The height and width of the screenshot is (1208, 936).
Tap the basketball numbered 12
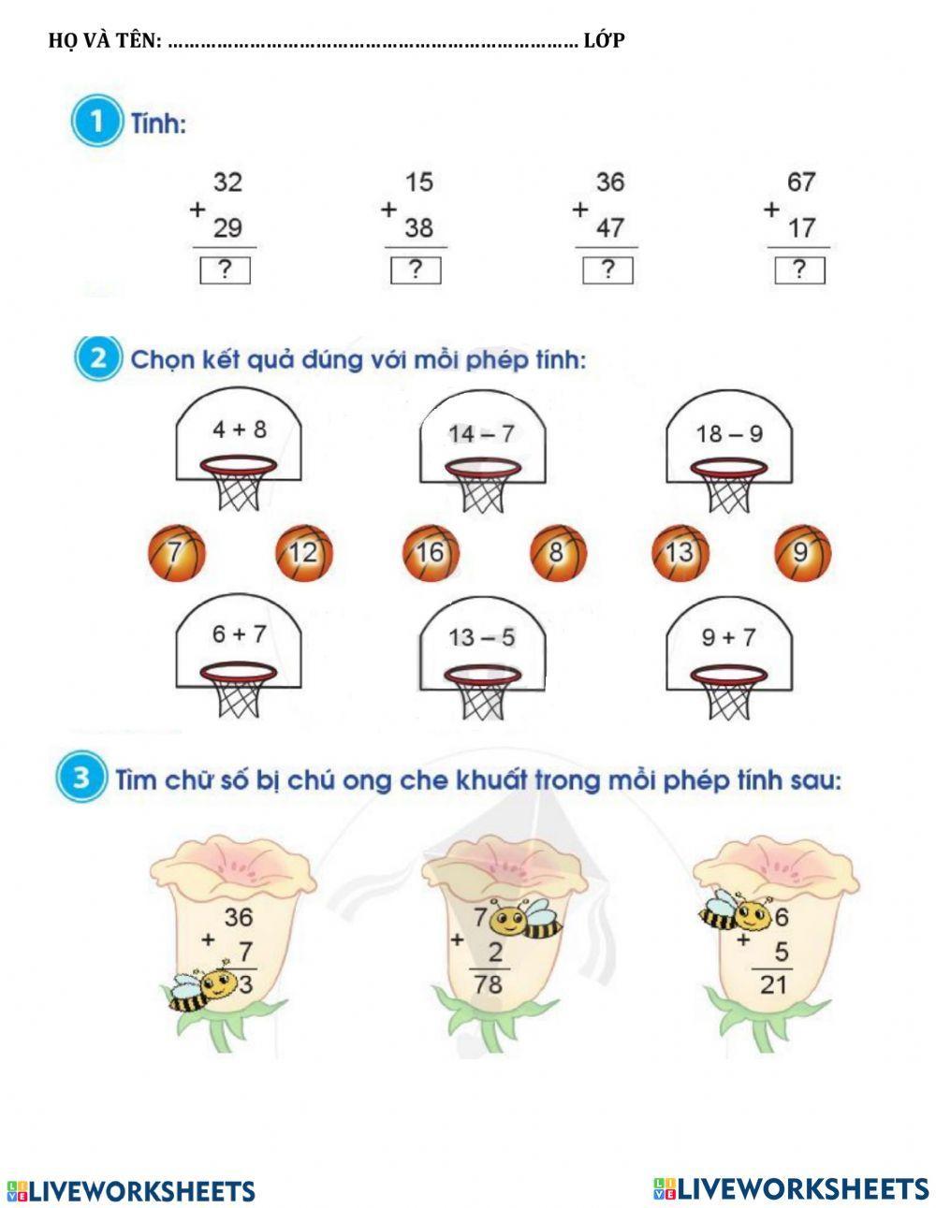303,554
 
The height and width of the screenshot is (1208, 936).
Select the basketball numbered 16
431,553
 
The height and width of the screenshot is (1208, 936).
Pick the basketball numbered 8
558,553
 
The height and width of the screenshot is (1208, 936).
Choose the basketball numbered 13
680,553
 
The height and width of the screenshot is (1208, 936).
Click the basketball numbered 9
803,553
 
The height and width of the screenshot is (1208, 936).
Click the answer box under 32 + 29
225,270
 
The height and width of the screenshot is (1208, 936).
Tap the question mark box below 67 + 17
799,270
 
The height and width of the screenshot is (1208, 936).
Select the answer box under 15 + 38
416,270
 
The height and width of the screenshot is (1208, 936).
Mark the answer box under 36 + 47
607,270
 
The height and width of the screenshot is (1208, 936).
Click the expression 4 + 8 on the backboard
239,429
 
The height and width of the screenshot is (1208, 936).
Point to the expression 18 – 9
729,434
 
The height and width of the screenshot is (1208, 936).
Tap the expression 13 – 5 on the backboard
482,638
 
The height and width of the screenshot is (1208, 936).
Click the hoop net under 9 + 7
728,695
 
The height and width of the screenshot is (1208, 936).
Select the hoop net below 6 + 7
239,693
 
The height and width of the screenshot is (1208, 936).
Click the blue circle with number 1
95,124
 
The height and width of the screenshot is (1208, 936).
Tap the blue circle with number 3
81,780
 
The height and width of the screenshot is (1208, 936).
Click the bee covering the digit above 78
525,920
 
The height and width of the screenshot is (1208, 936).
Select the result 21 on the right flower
773,983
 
